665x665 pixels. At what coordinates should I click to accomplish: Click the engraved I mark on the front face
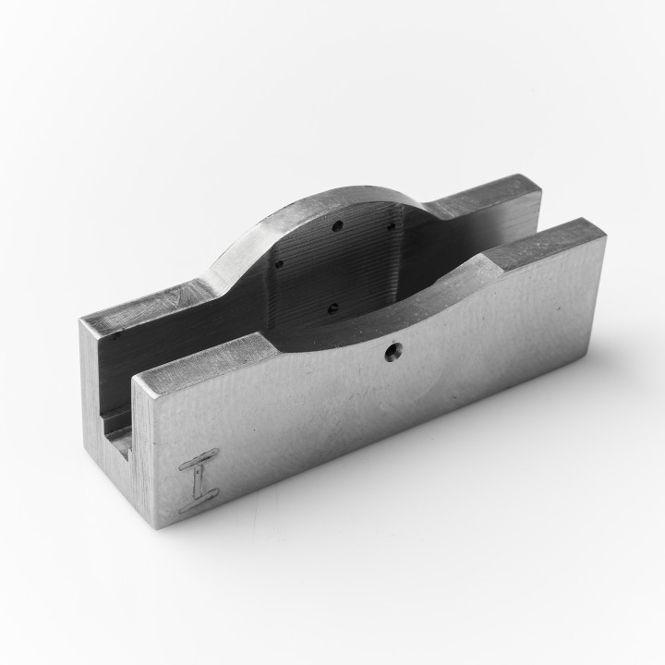(x=199, y=479)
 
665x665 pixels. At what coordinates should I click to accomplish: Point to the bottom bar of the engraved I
(x=199, y=503)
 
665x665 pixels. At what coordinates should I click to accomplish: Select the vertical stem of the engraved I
(x=199, y=480)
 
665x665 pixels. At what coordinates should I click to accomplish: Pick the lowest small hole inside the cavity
(x=333, y=308)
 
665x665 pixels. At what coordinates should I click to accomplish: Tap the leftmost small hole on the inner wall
(x=279, y=262)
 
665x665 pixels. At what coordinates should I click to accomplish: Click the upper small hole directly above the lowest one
(x=338, y=224)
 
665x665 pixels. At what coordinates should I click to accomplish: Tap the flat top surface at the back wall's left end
(x=148, y=306)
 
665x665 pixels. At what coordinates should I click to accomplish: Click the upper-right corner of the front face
(x=605, y=236)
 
